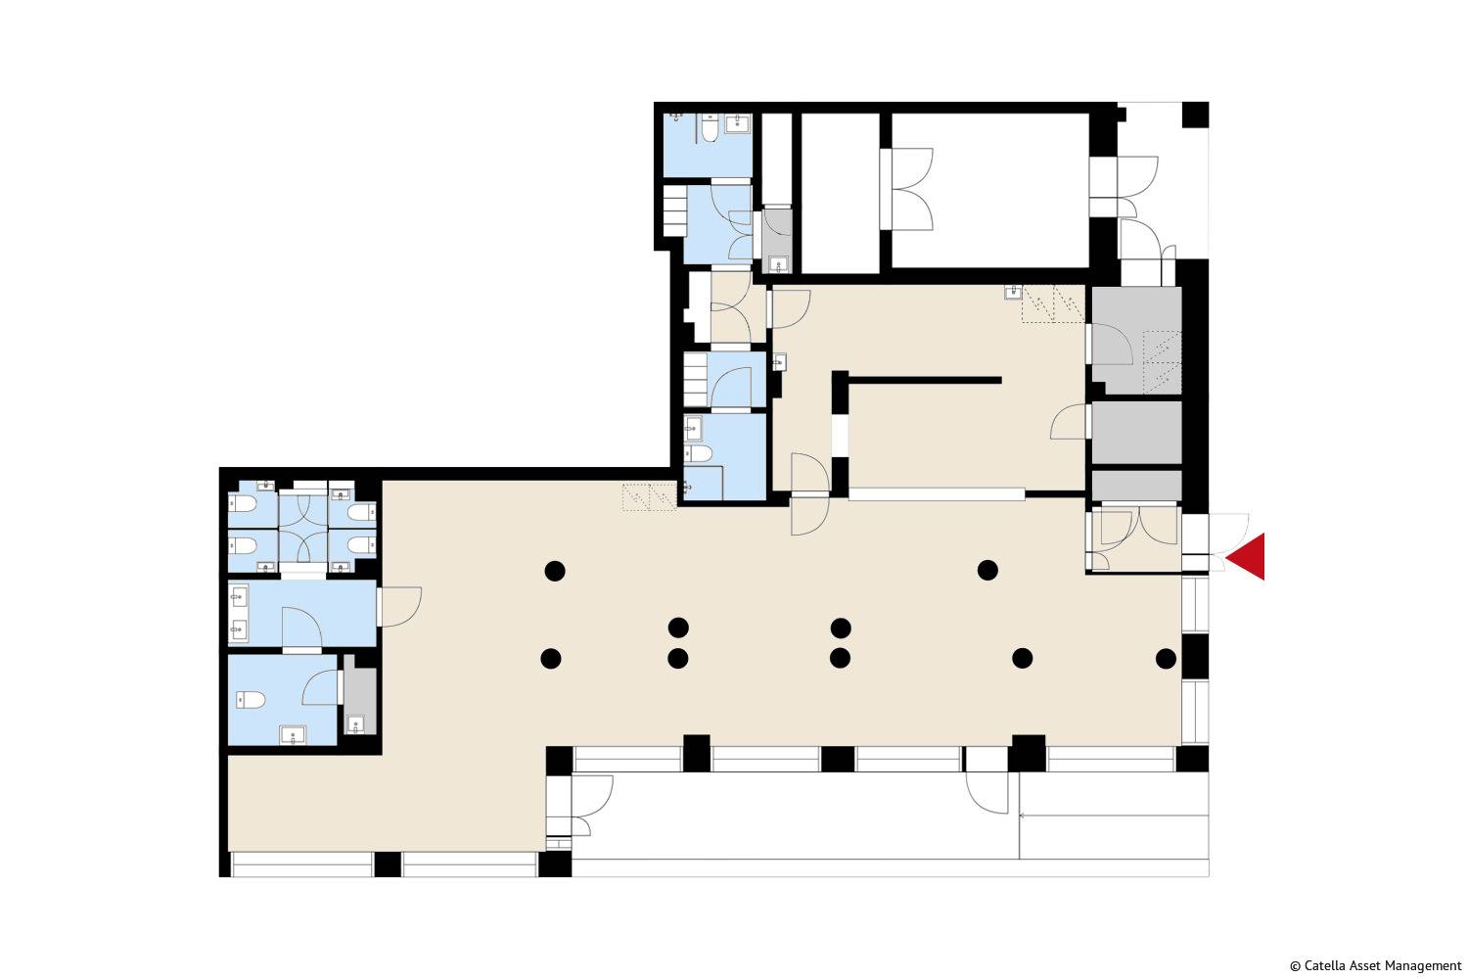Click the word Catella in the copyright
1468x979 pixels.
point(1323,966)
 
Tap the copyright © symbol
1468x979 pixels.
point(1295,966)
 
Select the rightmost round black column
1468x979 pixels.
point(1166,658)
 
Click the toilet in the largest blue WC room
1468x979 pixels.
point(251,700)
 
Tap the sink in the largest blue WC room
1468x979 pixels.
point(293,735)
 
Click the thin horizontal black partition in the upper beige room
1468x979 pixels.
point(925,380)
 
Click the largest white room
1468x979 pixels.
point(990,190)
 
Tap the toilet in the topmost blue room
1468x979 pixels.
point(710,128)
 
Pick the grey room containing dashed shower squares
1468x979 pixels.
point(1136,341)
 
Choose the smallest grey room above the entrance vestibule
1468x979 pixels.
point(1136,486)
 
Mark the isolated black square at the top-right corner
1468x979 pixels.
point(1195,115)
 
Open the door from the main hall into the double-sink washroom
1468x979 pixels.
point(399,607)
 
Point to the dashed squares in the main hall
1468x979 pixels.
point(649,497)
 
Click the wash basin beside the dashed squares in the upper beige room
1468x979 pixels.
point(1013,292)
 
